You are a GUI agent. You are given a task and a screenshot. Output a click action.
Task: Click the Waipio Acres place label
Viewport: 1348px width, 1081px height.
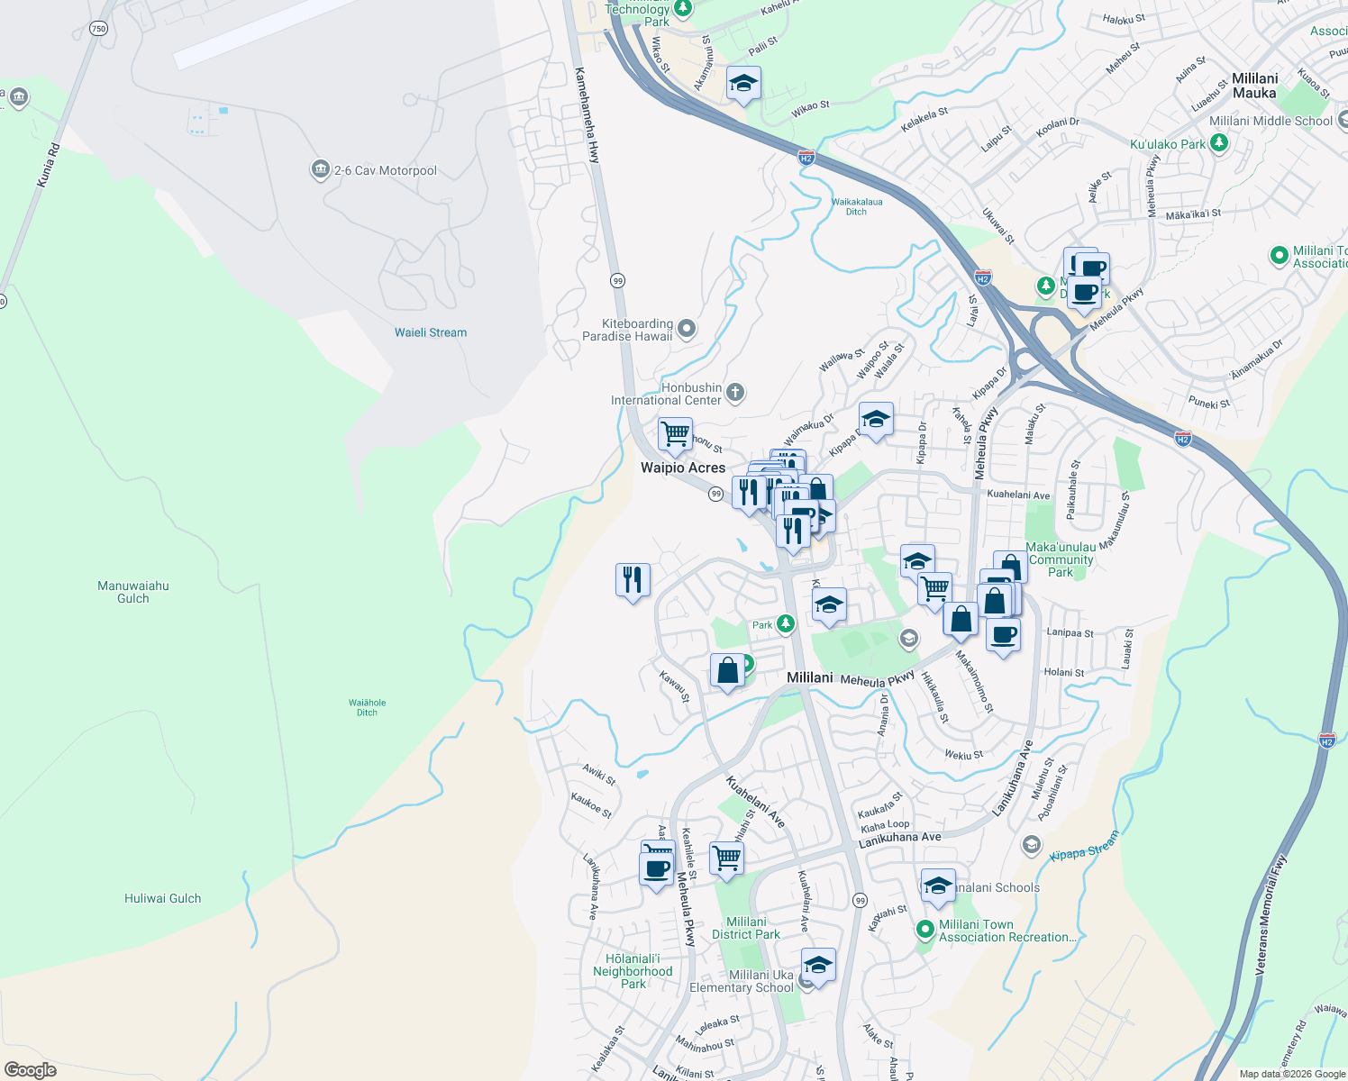pos(682,468)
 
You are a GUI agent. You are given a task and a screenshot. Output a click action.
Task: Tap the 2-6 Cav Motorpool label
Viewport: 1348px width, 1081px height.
pos(385,170)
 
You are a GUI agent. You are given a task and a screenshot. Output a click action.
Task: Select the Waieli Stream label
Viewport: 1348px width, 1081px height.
pos(431,332)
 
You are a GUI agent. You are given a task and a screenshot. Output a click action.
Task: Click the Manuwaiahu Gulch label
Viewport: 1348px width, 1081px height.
pos(133,592)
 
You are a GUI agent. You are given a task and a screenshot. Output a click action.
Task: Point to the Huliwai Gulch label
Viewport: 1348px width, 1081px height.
pos(162,898)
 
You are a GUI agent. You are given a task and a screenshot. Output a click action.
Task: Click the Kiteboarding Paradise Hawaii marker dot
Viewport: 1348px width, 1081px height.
pos(687,329)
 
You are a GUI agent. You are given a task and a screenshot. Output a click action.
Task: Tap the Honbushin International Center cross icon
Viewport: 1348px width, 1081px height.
pos(735,392)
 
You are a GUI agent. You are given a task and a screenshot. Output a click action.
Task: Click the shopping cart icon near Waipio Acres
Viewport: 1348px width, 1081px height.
pos(675,434)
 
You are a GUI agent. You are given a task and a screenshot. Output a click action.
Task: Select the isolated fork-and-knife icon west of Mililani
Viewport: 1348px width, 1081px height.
pos(633,579)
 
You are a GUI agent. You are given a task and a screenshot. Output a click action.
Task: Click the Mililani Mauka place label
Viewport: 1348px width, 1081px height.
pos(1254,86)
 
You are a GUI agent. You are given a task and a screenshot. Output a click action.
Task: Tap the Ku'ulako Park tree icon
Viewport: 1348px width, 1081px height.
pos(1219,143)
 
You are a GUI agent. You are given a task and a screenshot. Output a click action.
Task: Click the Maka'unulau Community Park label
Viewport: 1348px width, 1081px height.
pos(1061,559)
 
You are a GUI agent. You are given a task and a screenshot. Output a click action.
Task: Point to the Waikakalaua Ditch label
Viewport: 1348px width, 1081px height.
pos(856,206)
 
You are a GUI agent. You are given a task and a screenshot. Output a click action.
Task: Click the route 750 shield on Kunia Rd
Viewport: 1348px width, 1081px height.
pos(98,29)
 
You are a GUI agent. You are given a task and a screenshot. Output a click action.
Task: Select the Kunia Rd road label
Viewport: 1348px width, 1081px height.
pos(49,165)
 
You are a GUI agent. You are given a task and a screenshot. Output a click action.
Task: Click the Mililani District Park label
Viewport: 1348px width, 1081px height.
pos(746,928)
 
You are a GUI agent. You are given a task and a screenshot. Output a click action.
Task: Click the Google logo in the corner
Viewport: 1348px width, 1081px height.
pos(30,1069)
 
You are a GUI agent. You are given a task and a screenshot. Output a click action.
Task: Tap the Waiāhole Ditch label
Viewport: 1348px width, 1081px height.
pos(367,707)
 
